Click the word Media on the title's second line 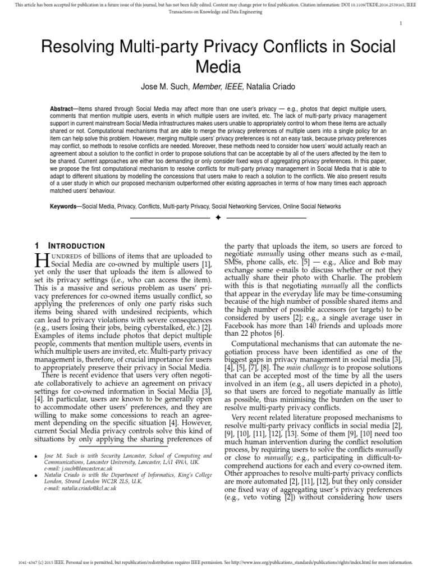(x=218, y=67)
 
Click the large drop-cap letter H (x=42, y=259)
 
